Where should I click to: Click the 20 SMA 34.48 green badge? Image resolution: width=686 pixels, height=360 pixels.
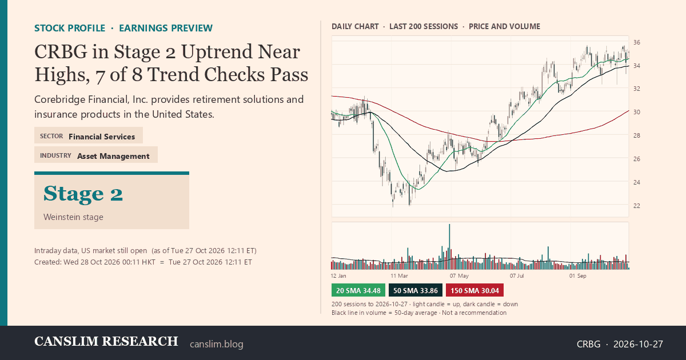(x=358, y=290)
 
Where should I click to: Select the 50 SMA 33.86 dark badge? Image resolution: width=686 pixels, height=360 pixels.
(x=415, y=290)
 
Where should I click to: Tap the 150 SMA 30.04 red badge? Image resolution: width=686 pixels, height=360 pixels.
(x=474, y=290)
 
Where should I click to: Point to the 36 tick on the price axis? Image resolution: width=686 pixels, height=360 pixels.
(x=637, y=42)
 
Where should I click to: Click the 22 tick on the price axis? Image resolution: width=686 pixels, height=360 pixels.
(x=637, y=206)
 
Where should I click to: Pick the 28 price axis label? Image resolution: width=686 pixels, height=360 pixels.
(x=637, y=135)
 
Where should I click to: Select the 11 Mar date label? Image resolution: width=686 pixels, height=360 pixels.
(x=399, y=276)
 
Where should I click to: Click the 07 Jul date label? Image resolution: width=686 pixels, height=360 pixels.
(x=517, y=276)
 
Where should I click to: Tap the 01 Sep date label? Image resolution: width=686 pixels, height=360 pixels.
(x=577, y=276)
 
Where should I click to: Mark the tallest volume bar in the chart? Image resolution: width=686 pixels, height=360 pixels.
(x=449, y=247)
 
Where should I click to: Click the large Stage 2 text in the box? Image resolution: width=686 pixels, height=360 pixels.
(x=83, y=194)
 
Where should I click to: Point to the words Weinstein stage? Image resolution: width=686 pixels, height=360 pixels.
(x=73, y=217)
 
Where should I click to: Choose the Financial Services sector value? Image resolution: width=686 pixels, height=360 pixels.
(x=102, y=137)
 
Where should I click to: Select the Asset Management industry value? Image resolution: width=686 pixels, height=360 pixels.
(x=113, y=156)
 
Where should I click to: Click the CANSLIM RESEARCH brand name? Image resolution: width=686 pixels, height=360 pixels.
(x=106, y=341)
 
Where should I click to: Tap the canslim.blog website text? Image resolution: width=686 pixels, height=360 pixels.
(x=217, y=344)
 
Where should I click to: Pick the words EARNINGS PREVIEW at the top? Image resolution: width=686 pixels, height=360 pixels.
(x=166, y=28)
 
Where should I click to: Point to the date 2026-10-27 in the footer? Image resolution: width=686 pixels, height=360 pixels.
(x=638, y=344)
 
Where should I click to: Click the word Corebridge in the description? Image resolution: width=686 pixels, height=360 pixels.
(x=59, y=99)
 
